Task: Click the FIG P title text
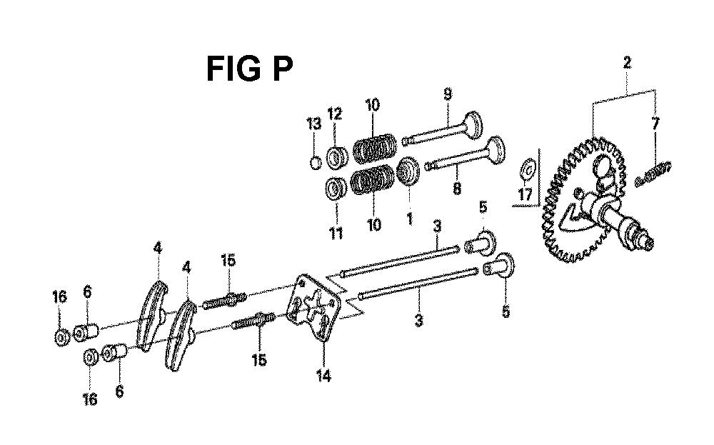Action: [249, 69]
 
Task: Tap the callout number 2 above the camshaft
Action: [628, 62]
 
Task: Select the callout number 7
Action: [655, 124]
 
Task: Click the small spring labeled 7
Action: [653, 174]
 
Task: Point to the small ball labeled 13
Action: [316, 162]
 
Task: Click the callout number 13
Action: [314, 124]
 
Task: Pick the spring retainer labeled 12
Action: [338, 156]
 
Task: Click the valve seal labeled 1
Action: [408, 171]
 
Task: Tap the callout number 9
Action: [448, 94]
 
